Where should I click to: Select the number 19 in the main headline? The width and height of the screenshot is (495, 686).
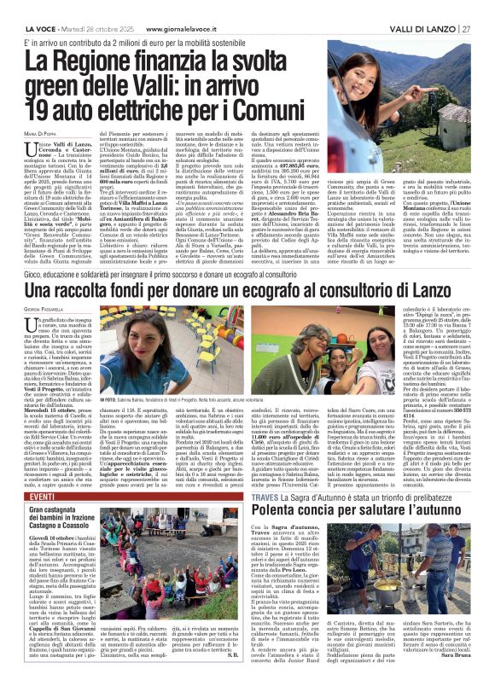(42, 109)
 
